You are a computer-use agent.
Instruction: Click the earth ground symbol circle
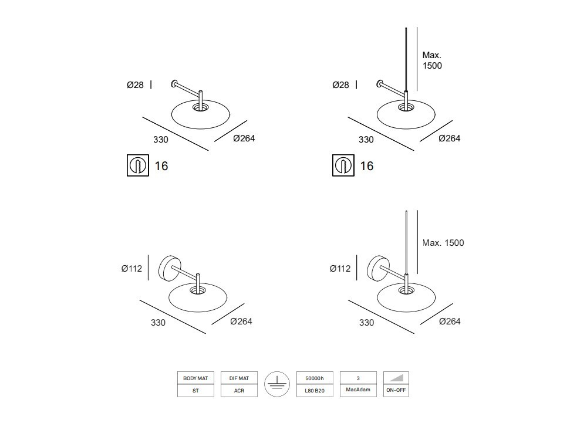click(x=277, y=384)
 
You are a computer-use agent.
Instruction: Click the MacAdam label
click(x=358, y=390)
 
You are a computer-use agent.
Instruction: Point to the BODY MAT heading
click(x=195, y=378)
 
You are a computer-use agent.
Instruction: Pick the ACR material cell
click(x=239, y=391)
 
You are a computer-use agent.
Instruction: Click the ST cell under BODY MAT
click(x=195, y=391)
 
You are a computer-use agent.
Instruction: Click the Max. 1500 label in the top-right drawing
click(x=432, y=60)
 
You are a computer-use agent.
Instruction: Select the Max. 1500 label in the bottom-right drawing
click(x=443, y=243)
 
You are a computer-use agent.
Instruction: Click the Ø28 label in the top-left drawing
click(x=135, y=85)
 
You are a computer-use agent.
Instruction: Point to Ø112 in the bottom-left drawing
click(x=133, y=269)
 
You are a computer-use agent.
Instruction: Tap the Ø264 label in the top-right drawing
click(x=450, y=138)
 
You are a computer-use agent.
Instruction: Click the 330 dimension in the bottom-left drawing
click(x=158, y=323)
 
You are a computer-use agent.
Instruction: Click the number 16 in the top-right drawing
click(x=366, y=166)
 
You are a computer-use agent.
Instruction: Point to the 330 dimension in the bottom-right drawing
click(x=366, y=323)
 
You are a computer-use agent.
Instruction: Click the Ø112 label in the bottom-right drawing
click(x=340, y=269)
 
